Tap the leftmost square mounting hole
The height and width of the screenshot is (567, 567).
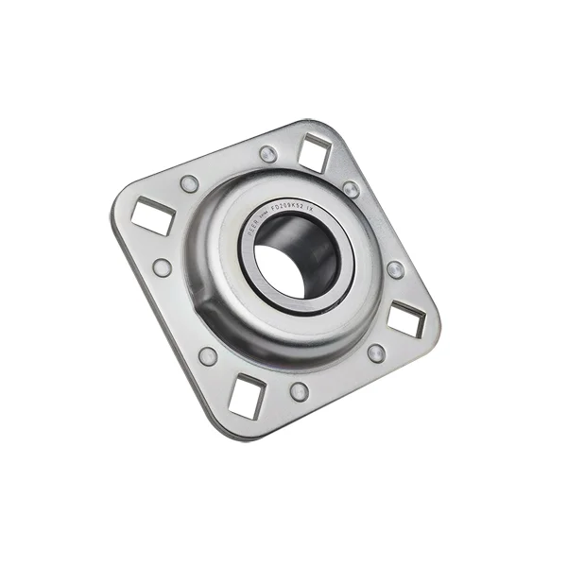tap(152, 216)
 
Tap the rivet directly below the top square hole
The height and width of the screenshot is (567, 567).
tap(351, 190)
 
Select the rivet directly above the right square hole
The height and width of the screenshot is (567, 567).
tap(395, 269)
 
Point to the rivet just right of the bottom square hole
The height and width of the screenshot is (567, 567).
tap(300, 390)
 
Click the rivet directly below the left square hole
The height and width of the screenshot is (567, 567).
tap(163, 268)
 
